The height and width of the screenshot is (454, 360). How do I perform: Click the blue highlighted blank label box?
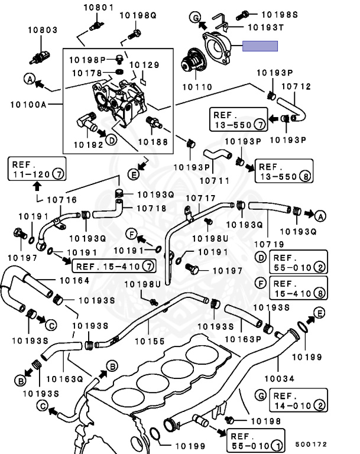[260, 46]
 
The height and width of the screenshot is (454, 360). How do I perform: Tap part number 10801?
[97, 8]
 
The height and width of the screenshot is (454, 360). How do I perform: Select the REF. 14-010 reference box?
[298, 400]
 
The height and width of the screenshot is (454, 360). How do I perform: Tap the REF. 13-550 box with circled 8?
[283, 172]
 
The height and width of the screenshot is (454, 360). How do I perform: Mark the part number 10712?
[295, 86]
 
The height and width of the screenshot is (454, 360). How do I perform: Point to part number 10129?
[144, 64]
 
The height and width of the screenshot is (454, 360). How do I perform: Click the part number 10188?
[153, 142]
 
